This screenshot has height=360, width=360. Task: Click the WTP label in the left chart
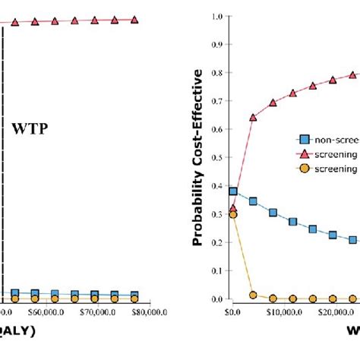30,129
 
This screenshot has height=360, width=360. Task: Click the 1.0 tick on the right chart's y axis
217,16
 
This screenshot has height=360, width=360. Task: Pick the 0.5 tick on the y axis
217,157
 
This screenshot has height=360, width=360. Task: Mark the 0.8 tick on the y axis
217,73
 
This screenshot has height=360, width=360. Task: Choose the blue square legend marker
305,139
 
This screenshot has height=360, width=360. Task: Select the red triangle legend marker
305,153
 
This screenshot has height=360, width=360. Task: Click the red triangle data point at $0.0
233,208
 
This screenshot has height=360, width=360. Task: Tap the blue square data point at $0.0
233,192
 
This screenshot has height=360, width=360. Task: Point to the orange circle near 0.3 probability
233,215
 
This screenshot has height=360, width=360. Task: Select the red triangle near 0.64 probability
253,118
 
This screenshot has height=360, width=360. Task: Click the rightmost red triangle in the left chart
134,20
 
